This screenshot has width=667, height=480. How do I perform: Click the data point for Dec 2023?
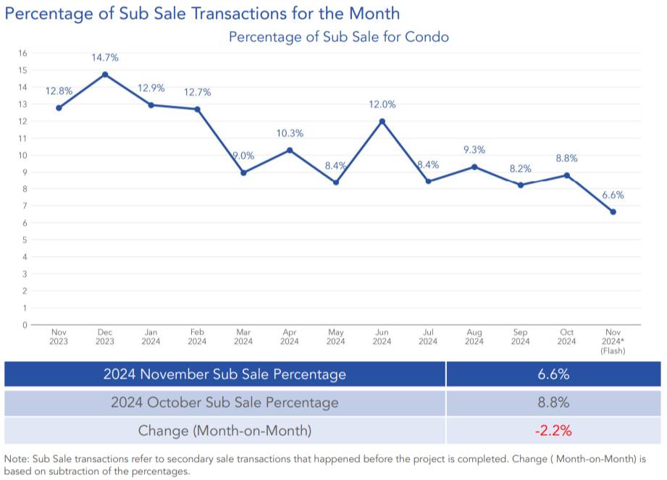coord(105,74)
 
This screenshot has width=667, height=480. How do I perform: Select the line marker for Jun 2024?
coord(382,121)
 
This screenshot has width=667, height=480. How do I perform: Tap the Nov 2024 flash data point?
coord(613,211)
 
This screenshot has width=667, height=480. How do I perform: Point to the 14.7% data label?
coord(105,57)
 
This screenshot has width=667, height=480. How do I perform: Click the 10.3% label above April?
coord(290,133)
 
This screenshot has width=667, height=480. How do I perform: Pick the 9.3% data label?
coord(474,150)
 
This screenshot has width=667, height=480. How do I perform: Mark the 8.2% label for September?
coord(520,168)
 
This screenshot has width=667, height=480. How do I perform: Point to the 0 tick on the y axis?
coord(25,324)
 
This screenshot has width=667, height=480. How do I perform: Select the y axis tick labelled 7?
coord(25,206)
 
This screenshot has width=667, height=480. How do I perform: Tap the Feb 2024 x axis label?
coord(197,337)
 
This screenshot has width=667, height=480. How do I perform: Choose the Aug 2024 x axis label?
coord(474,337)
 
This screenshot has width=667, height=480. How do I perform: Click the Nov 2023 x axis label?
coord(59,337)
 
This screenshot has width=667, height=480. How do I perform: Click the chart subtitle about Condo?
coord(338,36)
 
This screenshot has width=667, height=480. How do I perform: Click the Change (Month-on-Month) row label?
coord(225,431)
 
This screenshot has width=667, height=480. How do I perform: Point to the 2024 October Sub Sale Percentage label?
coord(225,403)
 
